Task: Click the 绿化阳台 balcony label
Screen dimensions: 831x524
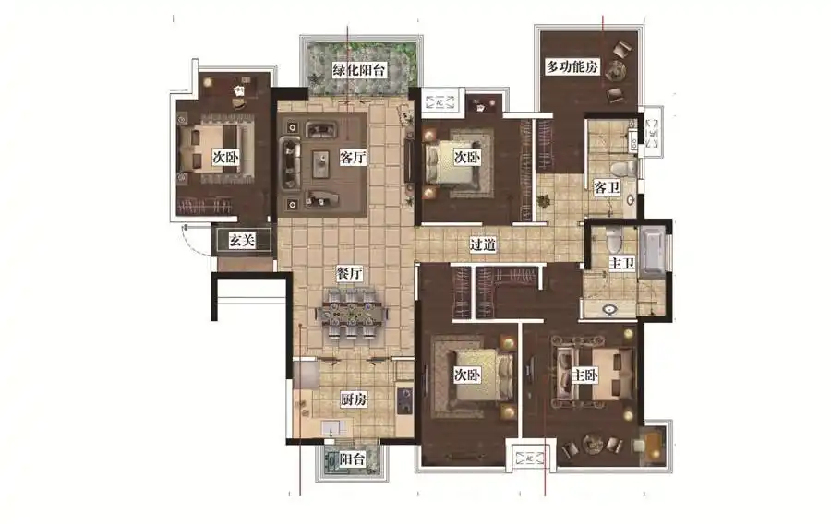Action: pos(359,69)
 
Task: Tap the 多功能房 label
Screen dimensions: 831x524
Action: pos(572,66)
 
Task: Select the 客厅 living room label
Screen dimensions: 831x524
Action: pos(353,157)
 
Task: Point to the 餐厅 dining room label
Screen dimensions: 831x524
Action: pos(349,274)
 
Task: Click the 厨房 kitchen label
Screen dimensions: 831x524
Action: pos(354,399)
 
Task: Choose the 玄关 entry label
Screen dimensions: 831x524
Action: pos(242,240)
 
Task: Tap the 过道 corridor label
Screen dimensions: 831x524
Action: pos(482,244)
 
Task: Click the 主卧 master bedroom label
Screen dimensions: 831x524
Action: pos(584,375)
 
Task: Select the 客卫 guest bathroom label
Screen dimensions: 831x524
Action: pos(607,187)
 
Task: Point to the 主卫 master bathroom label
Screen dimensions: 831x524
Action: pos(621,263)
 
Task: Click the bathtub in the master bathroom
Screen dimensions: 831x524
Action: pos(651,251)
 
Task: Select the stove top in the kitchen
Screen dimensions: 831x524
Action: pos(405,400)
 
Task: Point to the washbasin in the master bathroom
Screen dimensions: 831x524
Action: pos(609,308)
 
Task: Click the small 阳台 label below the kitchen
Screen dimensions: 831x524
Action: pos(352,458)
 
